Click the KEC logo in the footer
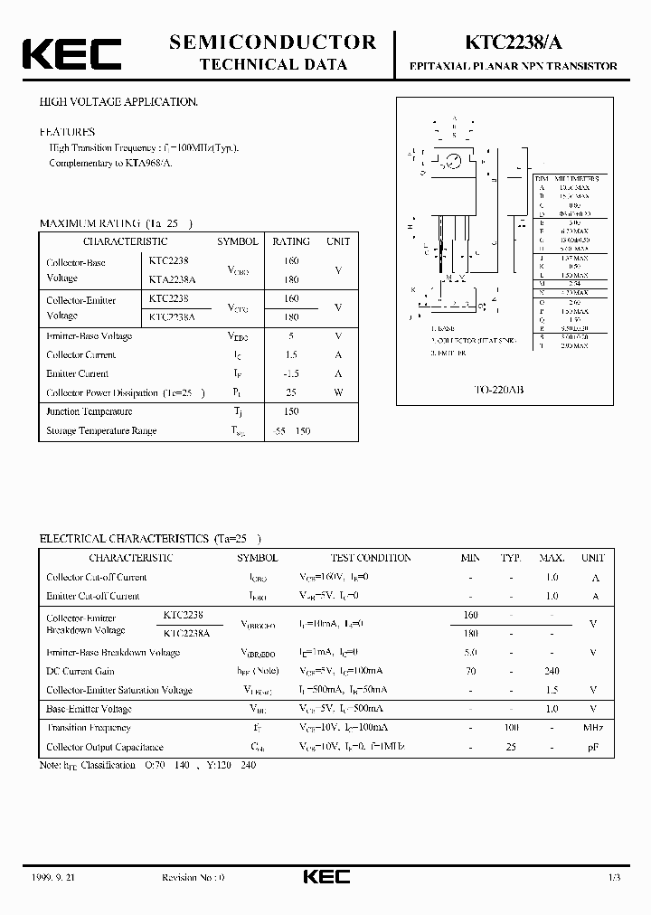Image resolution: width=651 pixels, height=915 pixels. pos(325,877)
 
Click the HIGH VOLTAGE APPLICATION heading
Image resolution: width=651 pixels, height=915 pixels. pos(118,102)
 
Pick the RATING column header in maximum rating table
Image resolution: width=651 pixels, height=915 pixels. pos(291,241)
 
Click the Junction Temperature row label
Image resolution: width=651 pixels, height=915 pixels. pos(89,411)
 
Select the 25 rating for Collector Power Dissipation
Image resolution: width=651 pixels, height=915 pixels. pos(291,392)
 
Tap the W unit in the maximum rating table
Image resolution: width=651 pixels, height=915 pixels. pos(338,392)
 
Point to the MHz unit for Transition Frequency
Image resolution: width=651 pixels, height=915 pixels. pos(592,728)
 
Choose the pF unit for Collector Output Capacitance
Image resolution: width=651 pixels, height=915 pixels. pos(592,747)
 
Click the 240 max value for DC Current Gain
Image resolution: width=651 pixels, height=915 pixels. pos(552,671)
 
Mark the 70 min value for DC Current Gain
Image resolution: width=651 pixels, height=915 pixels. pos(470,671)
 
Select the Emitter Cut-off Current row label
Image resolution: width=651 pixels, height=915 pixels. pos(93,596)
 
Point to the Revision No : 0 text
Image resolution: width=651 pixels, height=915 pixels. pos(193,878)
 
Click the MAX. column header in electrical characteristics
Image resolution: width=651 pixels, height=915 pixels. pos(552,558)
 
